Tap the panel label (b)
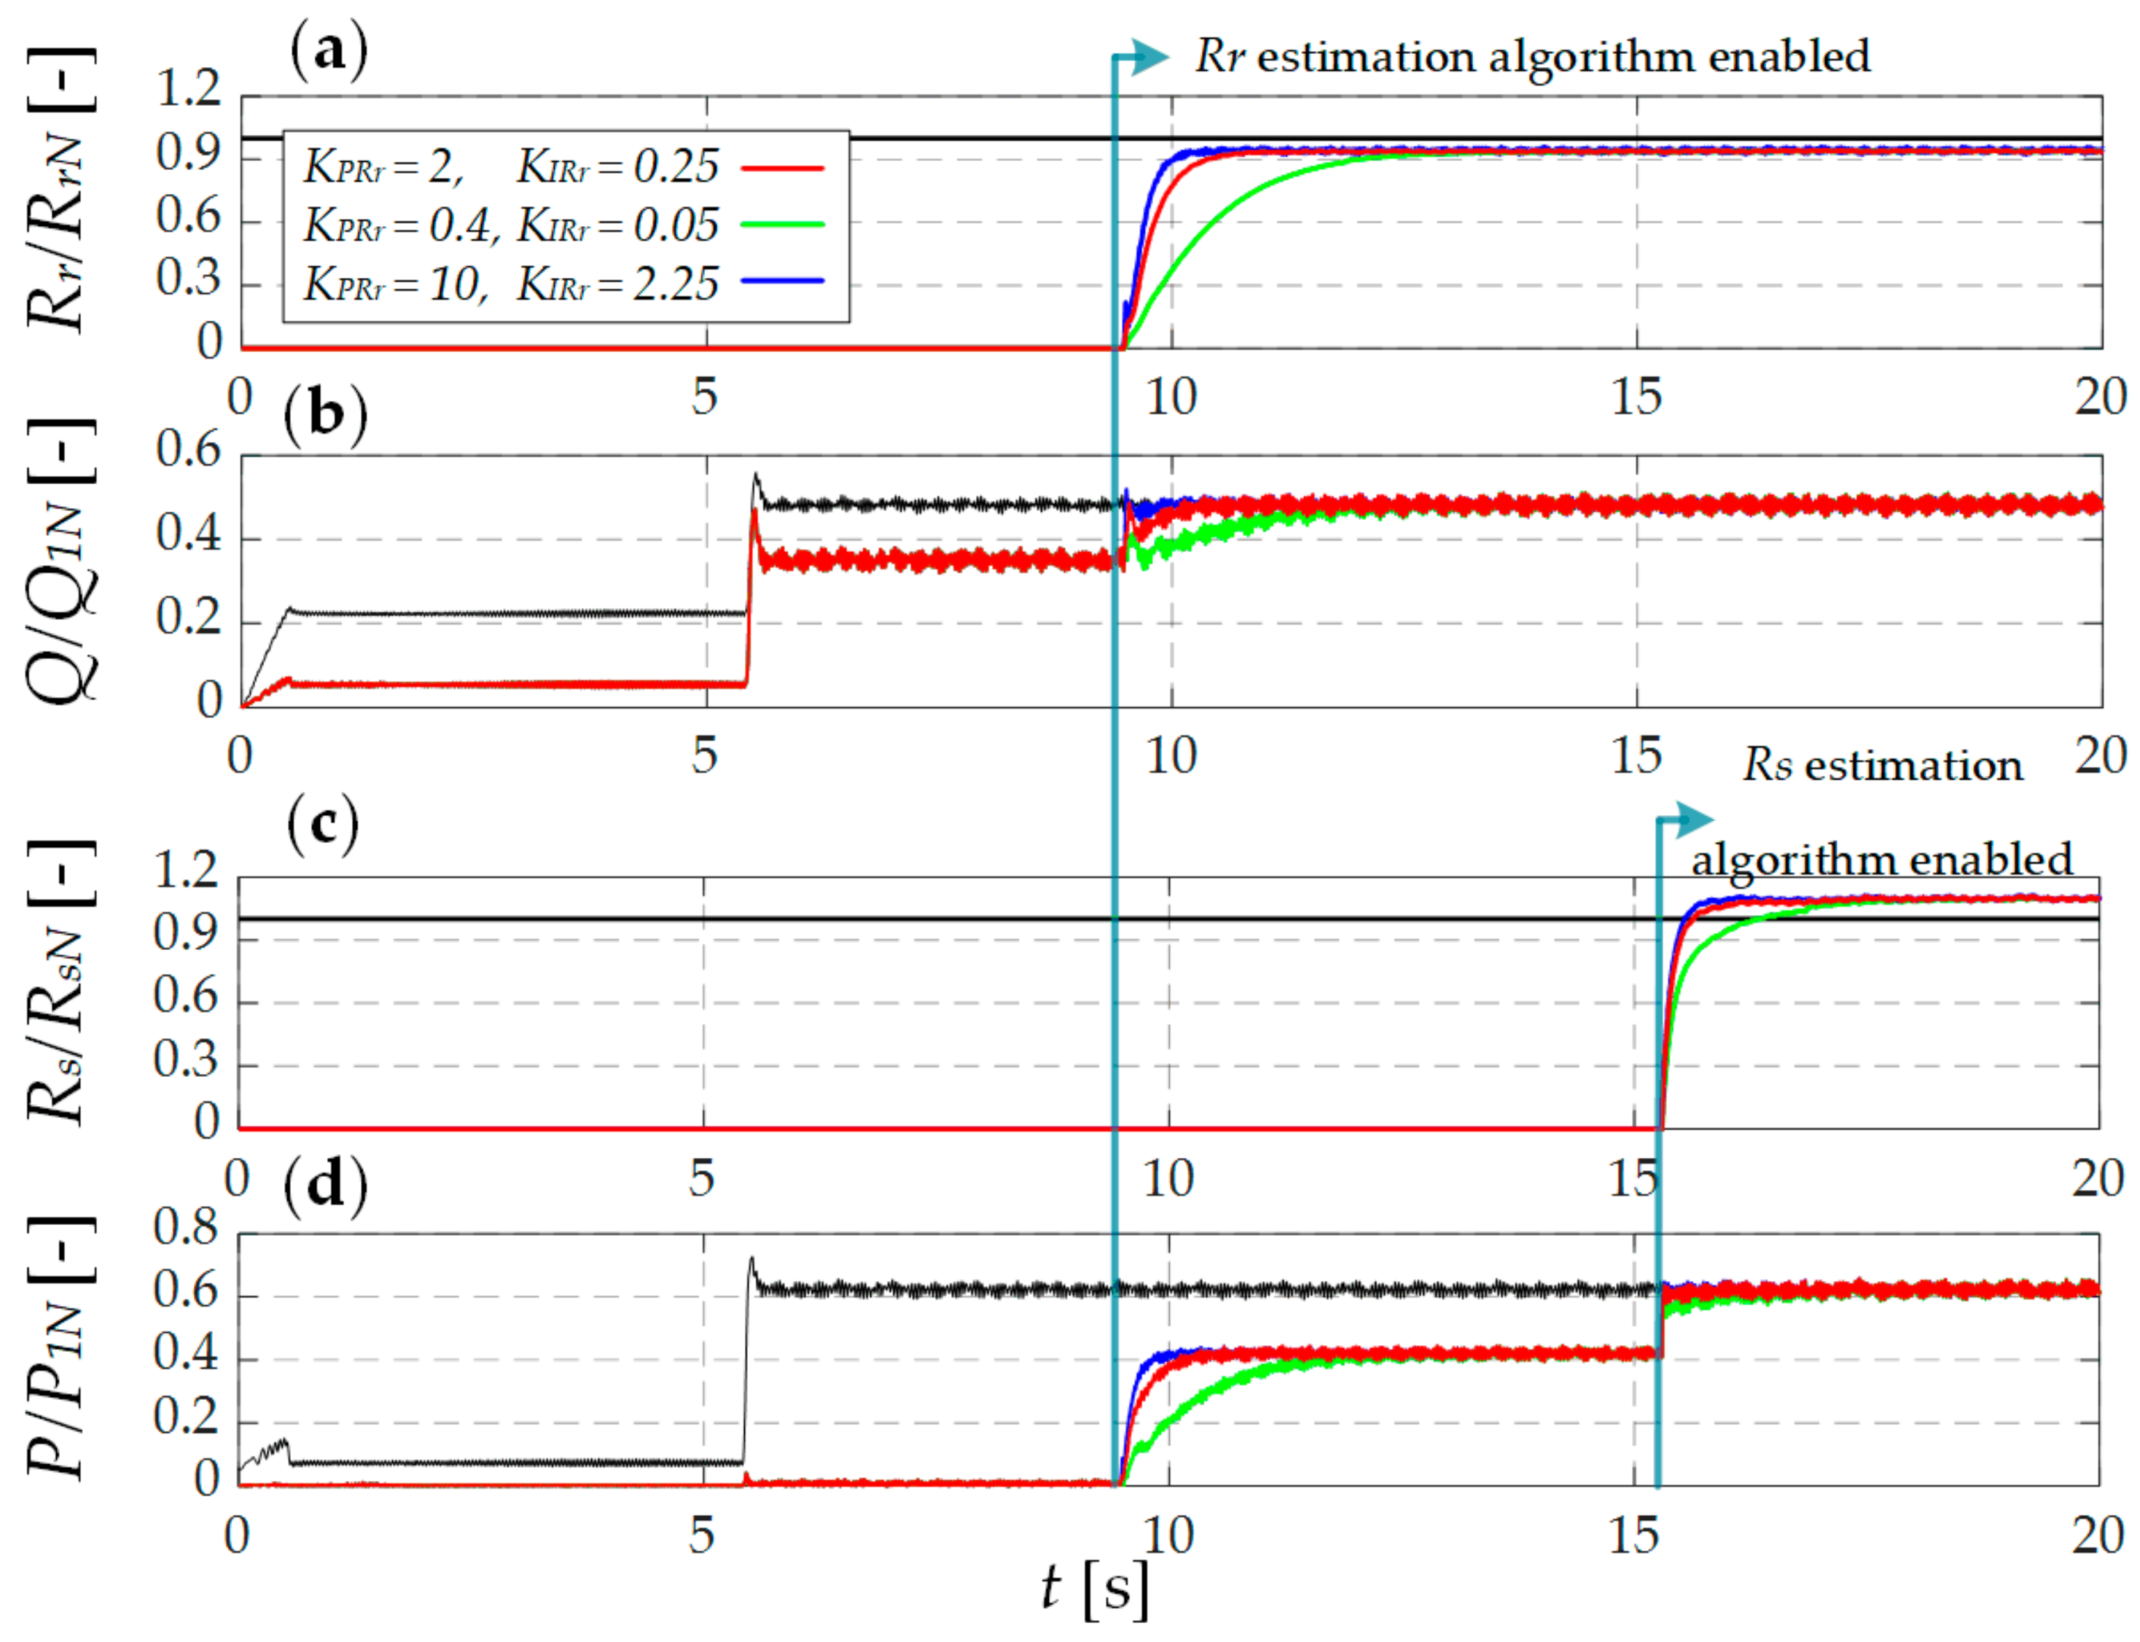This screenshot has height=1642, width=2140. (325, 413)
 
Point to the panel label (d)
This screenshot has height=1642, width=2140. (325, 1185)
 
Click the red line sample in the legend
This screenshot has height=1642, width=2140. (782, 168)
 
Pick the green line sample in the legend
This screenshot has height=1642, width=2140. (782, 225)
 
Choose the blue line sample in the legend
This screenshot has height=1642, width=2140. (782, 281)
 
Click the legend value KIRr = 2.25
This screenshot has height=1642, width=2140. (617, 284)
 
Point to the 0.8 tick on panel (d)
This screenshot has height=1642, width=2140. (186, 1229)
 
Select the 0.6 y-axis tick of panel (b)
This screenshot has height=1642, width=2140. (190, 451)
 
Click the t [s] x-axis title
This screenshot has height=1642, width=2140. (1095, 1588)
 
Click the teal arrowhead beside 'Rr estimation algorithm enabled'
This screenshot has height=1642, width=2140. (1153, 57)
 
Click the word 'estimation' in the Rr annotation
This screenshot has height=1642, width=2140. (1366, 57)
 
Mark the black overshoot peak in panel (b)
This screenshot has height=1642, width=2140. (755, 476)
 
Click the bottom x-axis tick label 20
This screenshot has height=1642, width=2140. (2098, 1536)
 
